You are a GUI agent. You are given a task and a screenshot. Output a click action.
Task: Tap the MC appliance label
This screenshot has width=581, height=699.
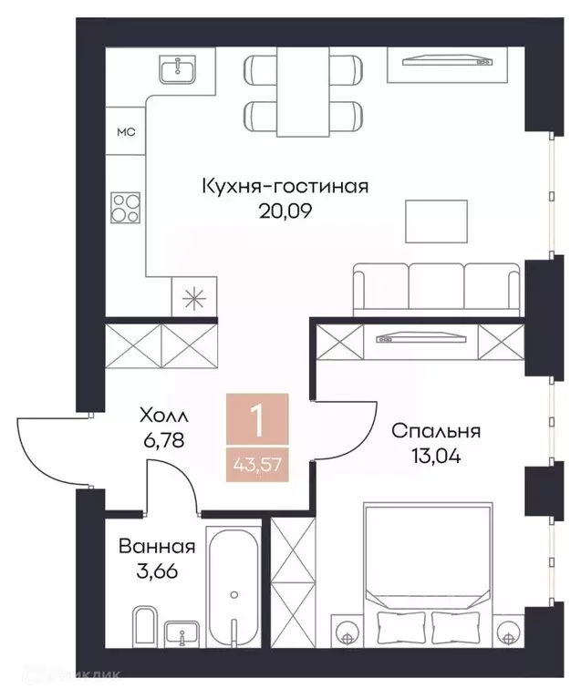tap(126, 132)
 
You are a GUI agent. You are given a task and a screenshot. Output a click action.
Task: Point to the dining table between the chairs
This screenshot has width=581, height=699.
tap(302, 90)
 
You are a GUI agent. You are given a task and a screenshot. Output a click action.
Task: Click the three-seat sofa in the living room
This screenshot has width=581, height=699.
tap(438, 285)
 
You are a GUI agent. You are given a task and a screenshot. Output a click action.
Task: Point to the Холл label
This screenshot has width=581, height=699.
tap(163, 416)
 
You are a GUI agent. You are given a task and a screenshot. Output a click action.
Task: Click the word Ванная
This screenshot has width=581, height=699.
tap(157, 547)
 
